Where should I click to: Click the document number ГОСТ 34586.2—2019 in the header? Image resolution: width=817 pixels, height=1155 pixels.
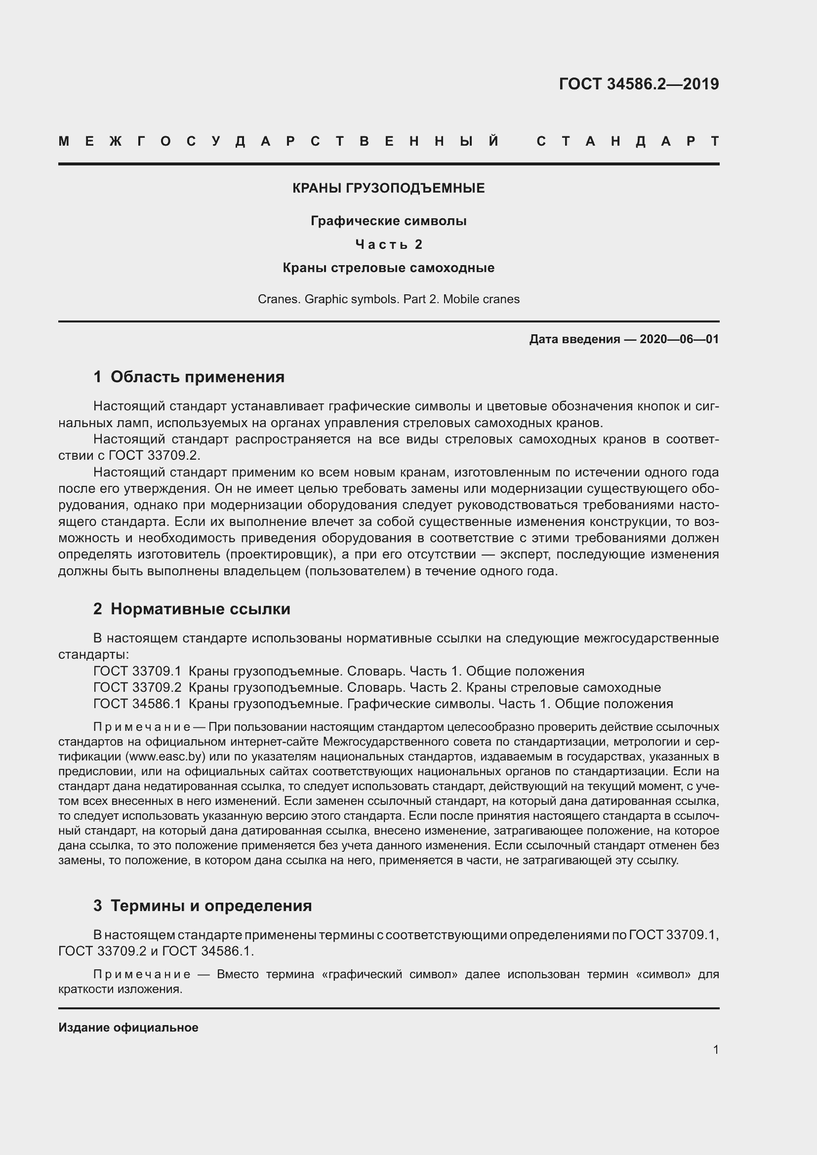click(x=638, y=84)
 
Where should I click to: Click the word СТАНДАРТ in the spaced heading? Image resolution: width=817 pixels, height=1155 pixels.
click(x=628, y=141)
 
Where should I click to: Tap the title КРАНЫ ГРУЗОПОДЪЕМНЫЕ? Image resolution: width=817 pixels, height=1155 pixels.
click(x=388, y=188)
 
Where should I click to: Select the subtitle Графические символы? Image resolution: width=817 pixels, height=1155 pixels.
click(x=388, y=221)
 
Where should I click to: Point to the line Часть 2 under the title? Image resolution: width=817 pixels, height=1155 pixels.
click(x=388, y=244)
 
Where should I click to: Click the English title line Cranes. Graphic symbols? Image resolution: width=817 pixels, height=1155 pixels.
click(x=388, y=299)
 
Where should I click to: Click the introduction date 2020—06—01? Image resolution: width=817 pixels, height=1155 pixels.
click(x=679, y=339)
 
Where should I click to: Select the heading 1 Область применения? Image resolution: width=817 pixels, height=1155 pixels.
click(x=189, y=377)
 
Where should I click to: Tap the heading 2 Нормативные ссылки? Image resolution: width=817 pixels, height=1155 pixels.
click(x=192, y=609)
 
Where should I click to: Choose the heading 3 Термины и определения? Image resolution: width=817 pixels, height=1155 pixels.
click(x=202, y=906)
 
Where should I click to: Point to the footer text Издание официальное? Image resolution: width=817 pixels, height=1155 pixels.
click(x=128, y=1027)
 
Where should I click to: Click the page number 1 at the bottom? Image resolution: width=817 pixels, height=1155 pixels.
click(x=715, y=1049)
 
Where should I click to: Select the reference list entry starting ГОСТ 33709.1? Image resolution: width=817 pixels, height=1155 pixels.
click(x=338, y=671)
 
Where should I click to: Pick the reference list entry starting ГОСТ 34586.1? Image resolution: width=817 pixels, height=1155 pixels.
click(x=383, y=703)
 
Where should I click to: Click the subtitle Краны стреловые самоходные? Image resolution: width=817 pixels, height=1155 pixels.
click(x=388, y=268)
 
